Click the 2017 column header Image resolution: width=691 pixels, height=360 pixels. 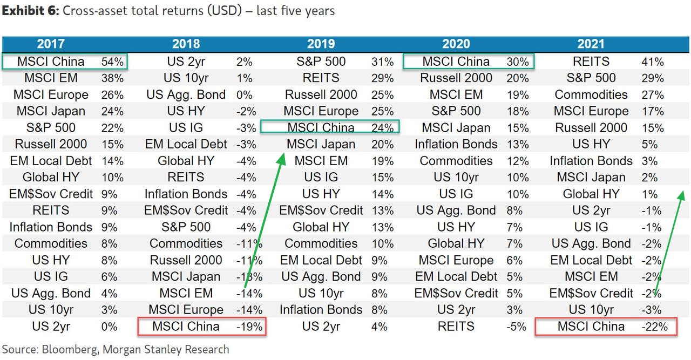pyautogui.click(x=51, y=44)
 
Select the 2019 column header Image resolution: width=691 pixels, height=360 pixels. pyautogui.click(x=321, y=44)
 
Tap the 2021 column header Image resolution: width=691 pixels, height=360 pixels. pyautogui.click(x=591, y=44)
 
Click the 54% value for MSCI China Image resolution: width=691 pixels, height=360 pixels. pyautogui.click(x=112, y=62)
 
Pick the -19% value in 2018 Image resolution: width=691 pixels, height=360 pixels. pyautogui.click(x=249, y=327)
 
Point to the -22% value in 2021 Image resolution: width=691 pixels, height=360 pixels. pyautogui.click(x=654, y=327)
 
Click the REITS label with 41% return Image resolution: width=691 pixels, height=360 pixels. pyautogui.click(x=591, y=62)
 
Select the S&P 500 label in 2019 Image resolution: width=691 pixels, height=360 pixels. pyautogui.click(x=321, y=62)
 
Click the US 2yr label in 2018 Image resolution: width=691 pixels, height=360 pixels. pyautogui.click(x=186, y=62)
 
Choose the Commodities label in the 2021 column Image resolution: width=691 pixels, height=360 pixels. pyautogui.click(x=591, y=94)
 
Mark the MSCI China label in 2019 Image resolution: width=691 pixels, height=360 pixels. pyautogui.click(x=321, y=128)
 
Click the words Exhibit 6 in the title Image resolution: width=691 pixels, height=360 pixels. pyautogui.click(x=29, y=11)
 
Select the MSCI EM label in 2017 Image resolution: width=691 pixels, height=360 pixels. pyautogui.click(x=51, y=78)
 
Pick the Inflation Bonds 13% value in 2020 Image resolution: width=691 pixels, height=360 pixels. pyautogui.click(x=517, y=144)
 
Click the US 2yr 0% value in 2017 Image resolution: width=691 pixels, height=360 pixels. pyautogui.click(x=109, y=327)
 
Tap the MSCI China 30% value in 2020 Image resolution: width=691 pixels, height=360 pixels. pyautogui.click(x=517, y=62)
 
